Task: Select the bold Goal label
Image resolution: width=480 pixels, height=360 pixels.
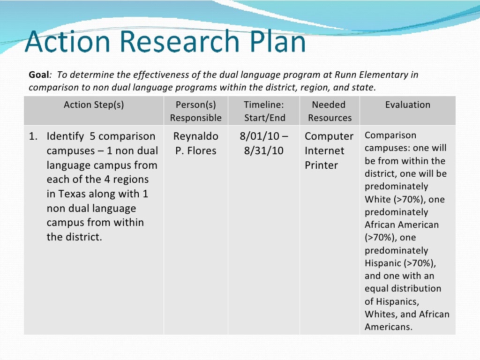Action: (x=39, y=75)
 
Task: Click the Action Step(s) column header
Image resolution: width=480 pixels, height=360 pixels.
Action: (x=94, y=105)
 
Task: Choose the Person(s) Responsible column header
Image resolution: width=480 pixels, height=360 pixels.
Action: (x=195, y=111)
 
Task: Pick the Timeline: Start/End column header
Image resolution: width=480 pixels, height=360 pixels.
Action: (x=264, y=111)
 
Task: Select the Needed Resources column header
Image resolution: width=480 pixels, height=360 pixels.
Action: (x=329, y=111)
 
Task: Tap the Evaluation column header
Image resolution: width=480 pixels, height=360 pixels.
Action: (x=407, y=105)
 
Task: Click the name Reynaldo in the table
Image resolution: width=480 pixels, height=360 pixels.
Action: (x=195, y=136)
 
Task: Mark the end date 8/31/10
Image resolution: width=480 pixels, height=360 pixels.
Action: (x=264, y=151)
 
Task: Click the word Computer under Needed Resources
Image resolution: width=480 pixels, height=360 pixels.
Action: (x=329, y=136)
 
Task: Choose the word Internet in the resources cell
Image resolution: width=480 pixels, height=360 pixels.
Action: (x=324, y=151)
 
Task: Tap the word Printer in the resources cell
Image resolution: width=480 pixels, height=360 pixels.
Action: (x=321, y=165)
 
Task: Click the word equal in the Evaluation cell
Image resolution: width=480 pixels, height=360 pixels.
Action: (x=376, y=289)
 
